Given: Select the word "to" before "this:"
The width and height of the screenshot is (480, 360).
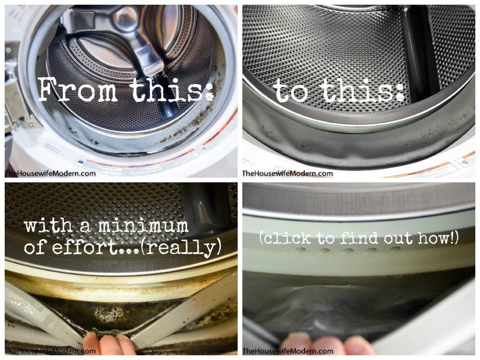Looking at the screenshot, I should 292,90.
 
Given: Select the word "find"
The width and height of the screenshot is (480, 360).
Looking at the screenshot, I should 360,238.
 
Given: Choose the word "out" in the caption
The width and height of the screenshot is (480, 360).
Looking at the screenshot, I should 399,238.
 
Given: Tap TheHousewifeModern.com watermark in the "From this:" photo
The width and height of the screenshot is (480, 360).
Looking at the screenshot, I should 50,173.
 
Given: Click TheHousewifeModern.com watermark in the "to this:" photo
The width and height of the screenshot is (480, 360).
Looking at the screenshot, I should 287,173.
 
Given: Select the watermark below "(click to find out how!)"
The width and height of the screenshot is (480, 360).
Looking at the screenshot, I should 287,351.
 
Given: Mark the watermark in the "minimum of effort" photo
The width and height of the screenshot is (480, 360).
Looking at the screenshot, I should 50,351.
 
